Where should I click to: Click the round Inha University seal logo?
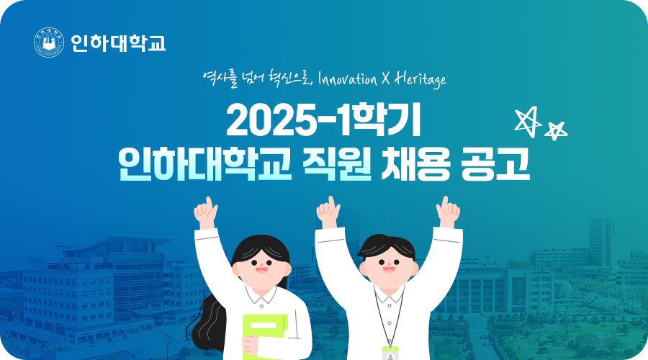(49, 42)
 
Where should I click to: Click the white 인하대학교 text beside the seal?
(118, 43)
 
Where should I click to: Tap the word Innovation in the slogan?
(348, 78)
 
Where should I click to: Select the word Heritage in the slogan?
(420, 78)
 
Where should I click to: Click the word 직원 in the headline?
(337, 163)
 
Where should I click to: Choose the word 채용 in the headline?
(415, 163)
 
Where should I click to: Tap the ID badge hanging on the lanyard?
(390, 354)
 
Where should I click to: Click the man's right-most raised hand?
(448, 212)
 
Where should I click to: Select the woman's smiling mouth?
(261, 270)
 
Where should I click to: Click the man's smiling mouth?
(389, 269)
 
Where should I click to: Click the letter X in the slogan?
(386, 78)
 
